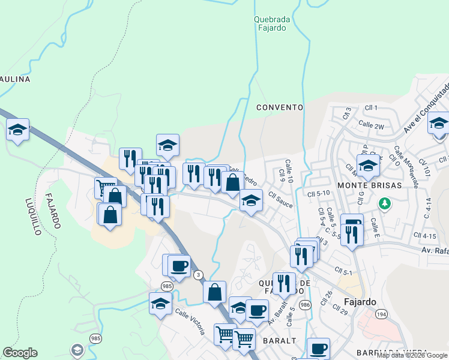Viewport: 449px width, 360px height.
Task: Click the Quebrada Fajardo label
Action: pos(272,23)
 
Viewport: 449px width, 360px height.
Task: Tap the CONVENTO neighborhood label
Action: pos(279,107)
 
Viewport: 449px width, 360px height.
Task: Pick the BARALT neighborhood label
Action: pos(280,340)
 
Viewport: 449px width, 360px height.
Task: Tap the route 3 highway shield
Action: pos(199,275)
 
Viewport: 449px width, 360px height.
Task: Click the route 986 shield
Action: pos(305,305)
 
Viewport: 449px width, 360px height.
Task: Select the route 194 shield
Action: pos(381,314)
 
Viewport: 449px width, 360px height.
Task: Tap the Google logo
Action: pos(20,353)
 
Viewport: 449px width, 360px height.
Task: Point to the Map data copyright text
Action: pos(412,355)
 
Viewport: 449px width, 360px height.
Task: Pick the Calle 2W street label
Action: pos(371,125)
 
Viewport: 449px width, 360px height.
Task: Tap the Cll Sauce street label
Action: pos(280,200)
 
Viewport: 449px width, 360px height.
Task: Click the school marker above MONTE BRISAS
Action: pos(367,165)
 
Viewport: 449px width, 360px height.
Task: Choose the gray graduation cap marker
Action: pos(77,349)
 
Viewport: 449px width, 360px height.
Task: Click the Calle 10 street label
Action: pos(289,171)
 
